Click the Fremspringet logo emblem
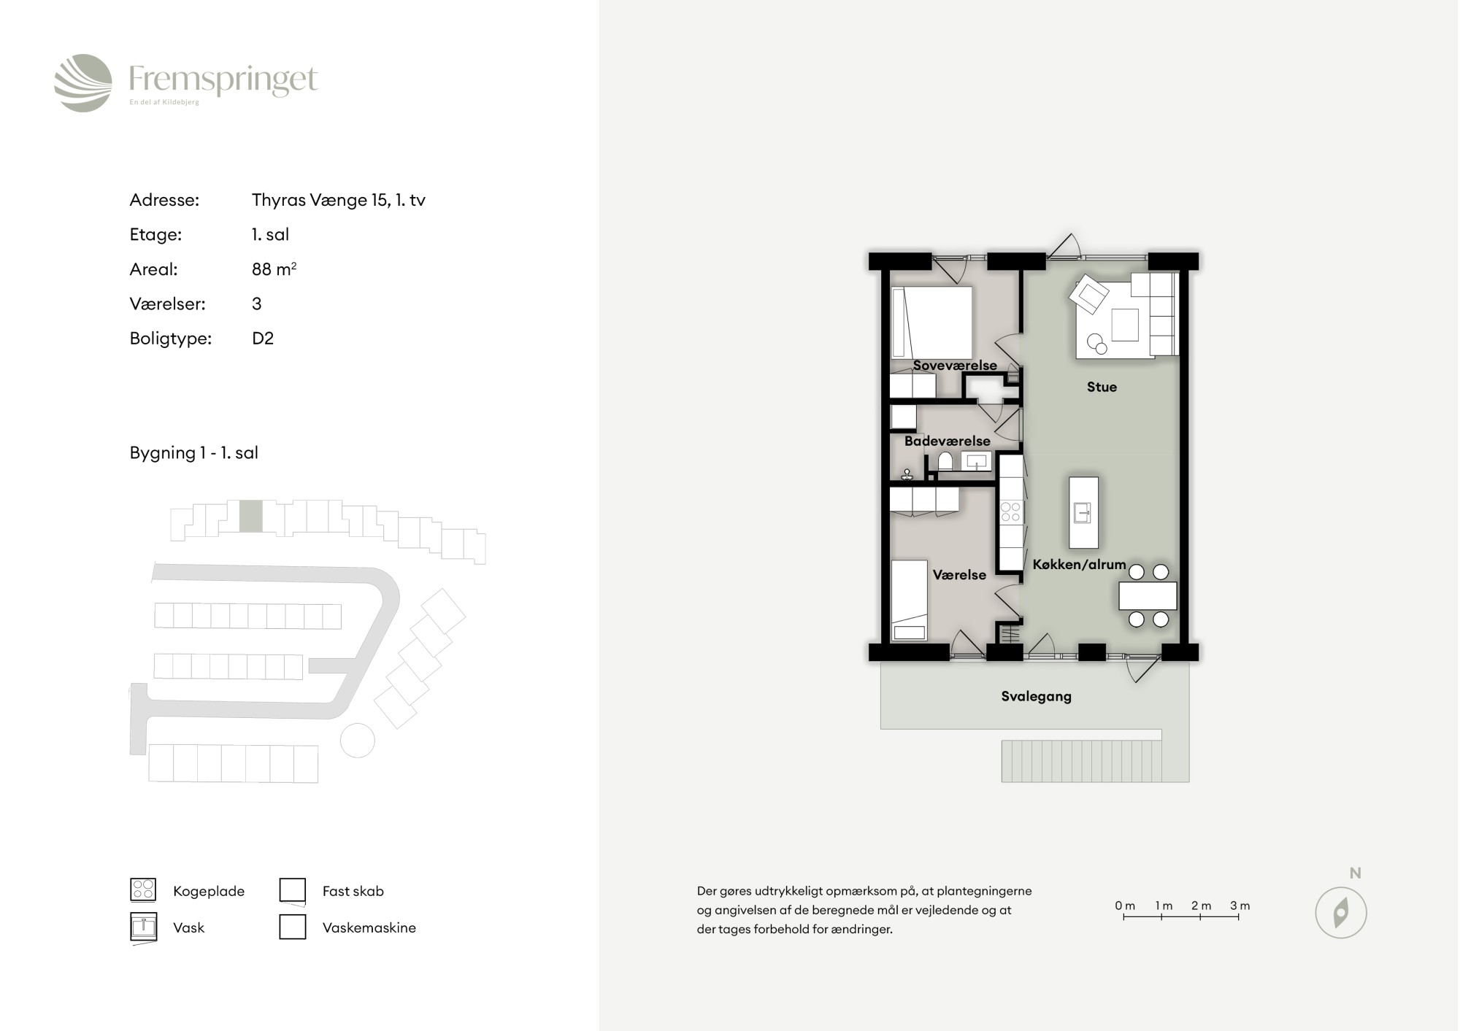(83, 82)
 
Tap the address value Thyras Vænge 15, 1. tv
(338, 200)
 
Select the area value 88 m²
(274, 269)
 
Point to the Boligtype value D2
(263, 339)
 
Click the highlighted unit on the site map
(250, 516)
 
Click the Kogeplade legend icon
(143, 889)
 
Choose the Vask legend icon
(143, 927)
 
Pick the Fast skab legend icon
(293, 890)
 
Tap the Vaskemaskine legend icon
(293, 927)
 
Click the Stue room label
(1102, 387)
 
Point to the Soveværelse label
(955, 366)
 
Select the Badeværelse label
(947, 441)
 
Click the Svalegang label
(1036, 696)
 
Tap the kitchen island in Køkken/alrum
(1083, 513)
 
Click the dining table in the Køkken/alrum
(1148, 595)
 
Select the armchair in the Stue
(1088, 295)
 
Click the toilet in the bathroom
(945, 460)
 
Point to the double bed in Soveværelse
(931, 323)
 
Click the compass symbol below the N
(1340, 913)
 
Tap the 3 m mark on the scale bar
(1240, 906)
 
